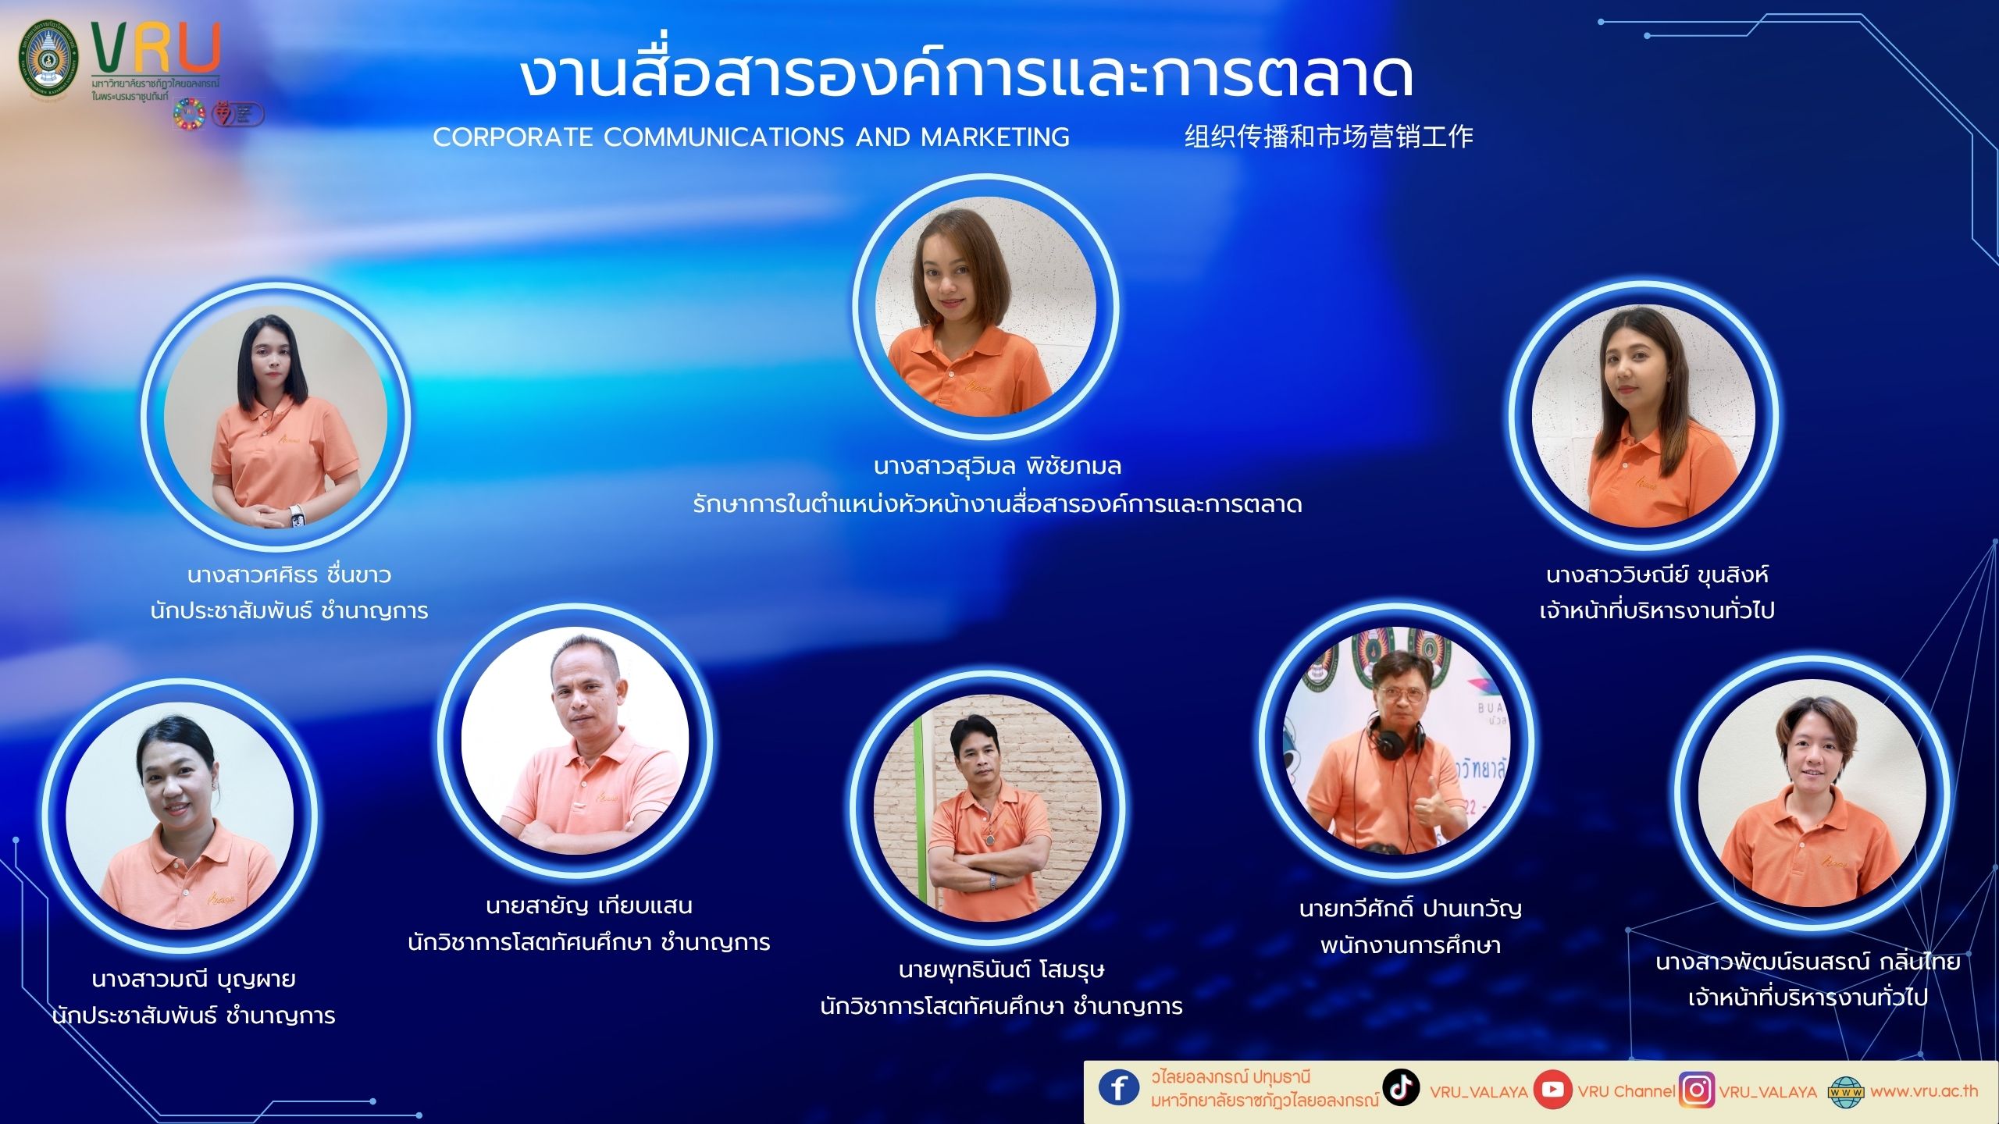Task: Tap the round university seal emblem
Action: click(x=48, y=60)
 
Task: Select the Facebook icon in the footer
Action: click(x=1119, y=1087)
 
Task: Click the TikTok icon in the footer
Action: click(x=1401, y=1087)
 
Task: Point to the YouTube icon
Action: click(x=1552, y=1090)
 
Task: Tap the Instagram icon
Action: click(x=1696, y=1090)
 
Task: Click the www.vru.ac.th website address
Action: click(x=1924, y=1091)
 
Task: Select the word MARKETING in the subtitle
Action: click(x=996, y=137)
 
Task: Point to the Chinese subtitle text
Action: click(x=1329, y=137)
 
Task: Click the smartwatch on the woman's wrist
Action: click(x=296, y=516)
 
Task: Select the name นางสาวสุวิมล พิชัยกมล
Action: click(x=997, y=467)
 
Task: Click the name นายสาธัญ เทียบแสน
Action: click(x=589, y=906)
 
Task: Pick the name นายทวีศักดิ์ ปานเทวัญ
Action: click(x=1410, y=909)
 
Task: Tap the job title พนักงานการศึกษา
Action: click(x=1410, y=945)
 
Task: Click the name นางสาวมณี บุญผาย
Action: click(x=194, y=980)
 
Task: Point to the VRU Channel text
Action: click(x=1627, y=1091)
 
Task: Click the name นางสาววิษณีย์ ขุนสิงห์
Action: click(x=1657, y=575)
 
